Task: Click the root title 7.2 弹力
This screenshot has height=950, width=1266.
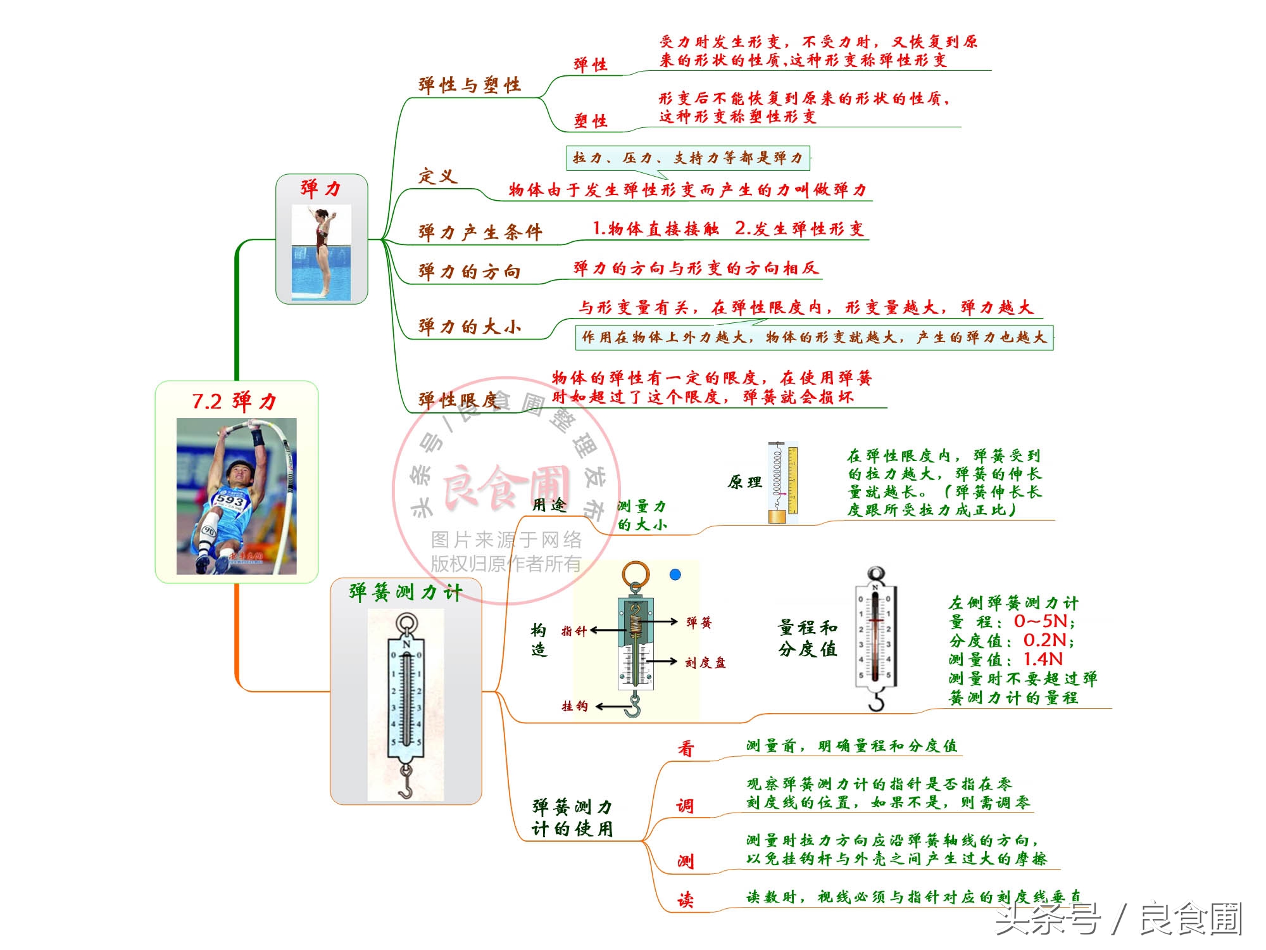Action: (235, 402)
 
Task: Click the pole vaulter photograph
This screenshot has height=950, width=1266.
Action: (236, 497)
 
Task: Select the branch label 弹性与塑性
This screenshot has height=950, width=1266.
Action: (470, 85)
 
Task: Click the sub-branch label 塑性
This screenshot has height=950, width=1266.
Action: (591, 120)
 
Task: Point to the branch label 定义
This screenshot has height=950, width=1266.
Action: (437, 176)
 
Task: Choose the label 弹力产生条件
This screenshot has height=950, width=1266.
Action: (480, 232)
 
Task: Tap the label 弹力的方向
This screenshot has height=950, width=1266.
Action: (469, 272)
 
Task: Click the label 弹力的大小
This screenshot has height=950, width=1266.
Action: (469, 327)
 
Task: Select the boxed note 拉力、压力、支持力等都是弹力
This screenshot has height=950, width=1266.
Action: (687, 158)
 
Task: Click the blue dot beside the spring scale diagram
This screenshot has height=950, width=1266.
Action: (675, 574)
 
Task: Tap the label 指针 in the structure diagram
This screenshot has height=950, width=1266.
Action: (574, 631)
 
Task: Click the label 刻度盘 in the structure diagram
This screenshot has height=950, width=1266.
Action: (706, 662)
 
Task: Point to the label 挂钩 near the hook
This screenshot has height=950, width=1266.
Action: (575, 706)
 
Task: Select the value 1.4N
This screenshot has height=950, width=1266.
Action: (1043, 659)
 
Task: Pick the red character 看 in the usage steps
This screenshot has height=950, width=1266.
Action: (686, 749)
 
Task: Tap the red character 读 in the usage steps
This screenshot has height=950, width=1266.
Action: (686, 900)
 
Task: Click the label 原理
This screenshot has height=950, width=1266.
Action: (745, 483)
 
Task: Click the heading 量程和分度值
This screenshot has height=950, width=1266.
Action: (808, 638)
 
